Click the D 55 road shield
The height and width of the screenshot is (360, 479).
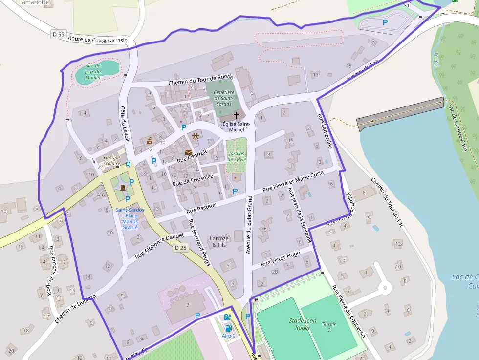coord(58,34)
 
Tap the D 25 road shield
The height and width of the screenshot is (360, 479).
coord(181,248)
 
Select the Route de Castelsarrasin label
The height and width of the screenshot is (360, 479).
coord(98,40)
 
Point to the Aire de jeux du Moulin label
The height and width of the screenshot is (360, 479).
coord(93,71)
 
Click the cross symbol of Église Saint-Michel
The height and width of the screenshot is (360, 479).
coord(237,115)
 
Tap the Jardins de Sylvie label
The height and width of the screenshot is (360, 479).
coord(237,156)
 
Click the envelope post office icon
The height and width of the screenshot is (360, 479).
coord(188,152)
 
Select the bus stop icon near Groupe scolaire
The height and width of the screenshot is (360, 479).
coord(128,165)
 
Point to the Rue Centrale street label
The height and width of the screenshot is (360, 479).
coord(193,156)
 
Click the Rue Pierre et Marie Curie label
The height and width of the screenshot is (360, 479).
coord(293,182)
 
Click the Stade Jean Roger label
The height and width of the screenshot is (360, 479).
coord(303,324)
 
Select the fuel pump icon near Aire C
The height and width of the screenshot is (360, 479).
coord(227,318)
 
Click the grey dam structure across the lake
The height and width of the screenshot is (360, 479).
coord(399,111)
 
